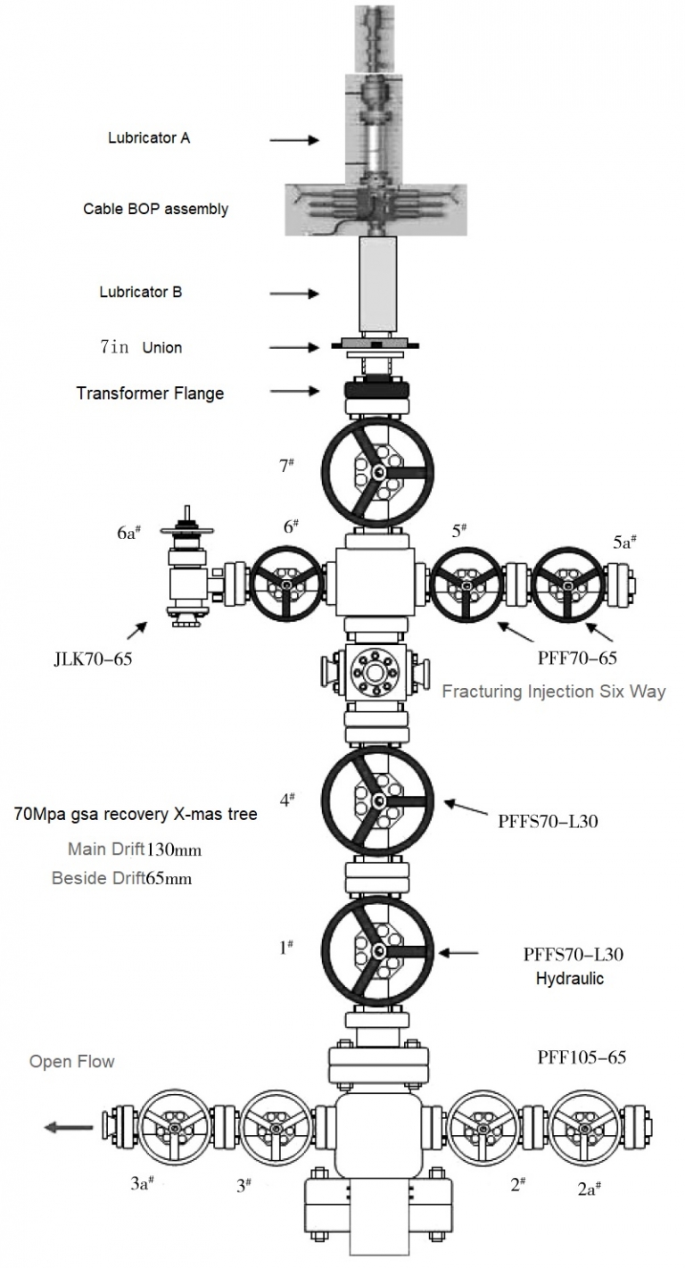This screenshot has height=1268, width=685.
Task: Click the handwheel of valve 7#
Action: click(x=377, y=473)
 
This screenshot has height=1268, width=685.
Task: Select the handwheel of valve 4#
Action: click(x=377, y=800)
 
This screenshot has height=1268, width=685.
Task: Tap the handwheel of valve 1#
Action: click(x=377, y=952)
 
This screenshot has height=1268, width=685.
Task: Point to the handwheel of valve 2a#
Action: click(x=584, y=1126)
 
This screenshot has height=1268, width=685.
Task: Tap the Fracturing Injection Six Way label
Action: click(x=554, y=691)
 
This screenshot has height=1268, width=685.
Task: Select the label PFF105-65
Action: click(x=582, y=1058)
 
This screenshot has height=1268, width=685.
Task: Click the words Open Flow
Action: click(x=72, y=1062)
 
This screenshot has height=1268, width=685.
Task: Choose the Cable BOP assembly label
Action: click(x=156, y=209)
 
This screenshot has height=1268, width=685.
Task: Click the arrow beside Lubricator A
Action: click(x=293, y=140)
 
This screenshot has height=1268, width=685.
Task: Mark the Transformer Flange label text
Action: click(x=150, y=393)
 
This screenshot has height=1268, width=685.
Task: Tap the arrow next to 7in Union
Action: click(x=293, y=347)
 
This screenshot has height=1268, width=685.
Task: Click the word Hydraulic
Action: click(x=570, y=978)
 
